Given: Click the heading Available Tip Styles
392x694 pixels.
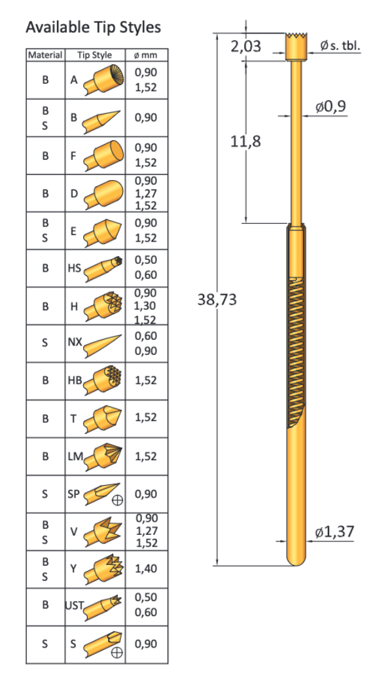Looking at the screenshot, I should (93, 27).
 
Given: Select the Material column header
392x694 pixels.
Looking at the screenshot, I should (45, 55).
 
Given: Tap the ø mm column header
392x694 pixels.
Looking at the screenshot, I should (145, 55).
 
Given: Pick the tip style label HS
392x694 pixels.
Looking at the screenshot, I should (75, 268).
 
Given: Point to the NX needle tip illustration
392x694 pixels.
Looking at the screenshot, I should (103, 342).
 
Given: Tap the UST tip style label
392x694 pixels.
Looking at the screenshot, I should (73, 606).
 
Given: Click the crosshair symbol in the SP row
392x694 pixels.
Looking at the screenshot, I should (118, 502).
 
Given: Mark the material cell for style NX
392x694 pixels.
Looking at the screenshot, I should (45, 342).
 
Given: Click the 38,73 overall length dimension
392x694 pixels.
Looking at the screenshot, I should (217, 300).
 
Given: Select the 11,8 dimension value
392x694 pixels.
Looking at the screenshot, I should (245, 141).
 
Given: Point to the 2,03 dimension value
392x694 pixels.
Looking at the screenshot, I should (245, 46).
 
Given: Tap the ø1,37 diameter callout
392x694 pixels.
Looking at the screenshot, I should (334, 532).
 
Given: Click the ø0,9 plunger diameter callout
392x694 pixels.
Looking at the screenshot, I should (330, 107).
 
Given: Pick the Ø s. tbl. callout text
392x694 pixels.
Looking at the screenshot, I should (340, 46).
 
